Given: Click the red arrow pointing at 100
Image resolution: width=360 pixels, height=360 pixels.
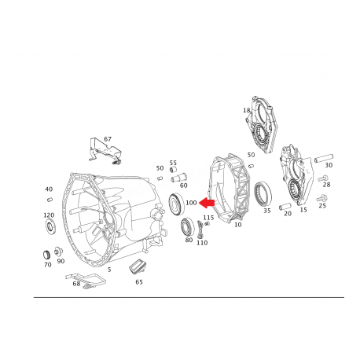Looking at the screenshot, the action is coord(207,203).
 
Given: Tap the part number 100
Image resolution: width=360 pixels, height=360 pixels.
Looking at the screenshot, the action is coord(191,203).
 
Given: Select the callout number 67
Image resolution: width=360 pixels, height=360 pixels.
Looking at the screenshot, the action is coord(108,139).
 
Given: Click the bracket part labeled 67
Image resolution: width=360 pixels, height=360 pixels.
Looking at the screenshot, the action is coord(105,152).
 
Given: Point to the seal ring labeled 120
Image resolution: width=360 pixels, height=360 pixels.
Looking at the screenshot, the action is coord(50,226).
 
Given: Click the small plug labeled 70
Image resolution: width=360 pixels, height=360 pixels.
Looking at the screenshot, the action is coord(46,255).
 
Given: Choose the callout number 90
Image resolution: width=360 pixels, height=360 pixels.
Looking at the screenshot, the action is coord(61,261).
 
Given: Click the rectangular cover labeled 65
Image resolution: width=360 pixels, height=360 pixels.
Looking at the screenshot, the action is coord(138,266).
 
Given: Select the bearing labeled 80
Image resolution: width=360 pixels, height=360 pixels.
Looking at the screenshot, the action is coord(186,226).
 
